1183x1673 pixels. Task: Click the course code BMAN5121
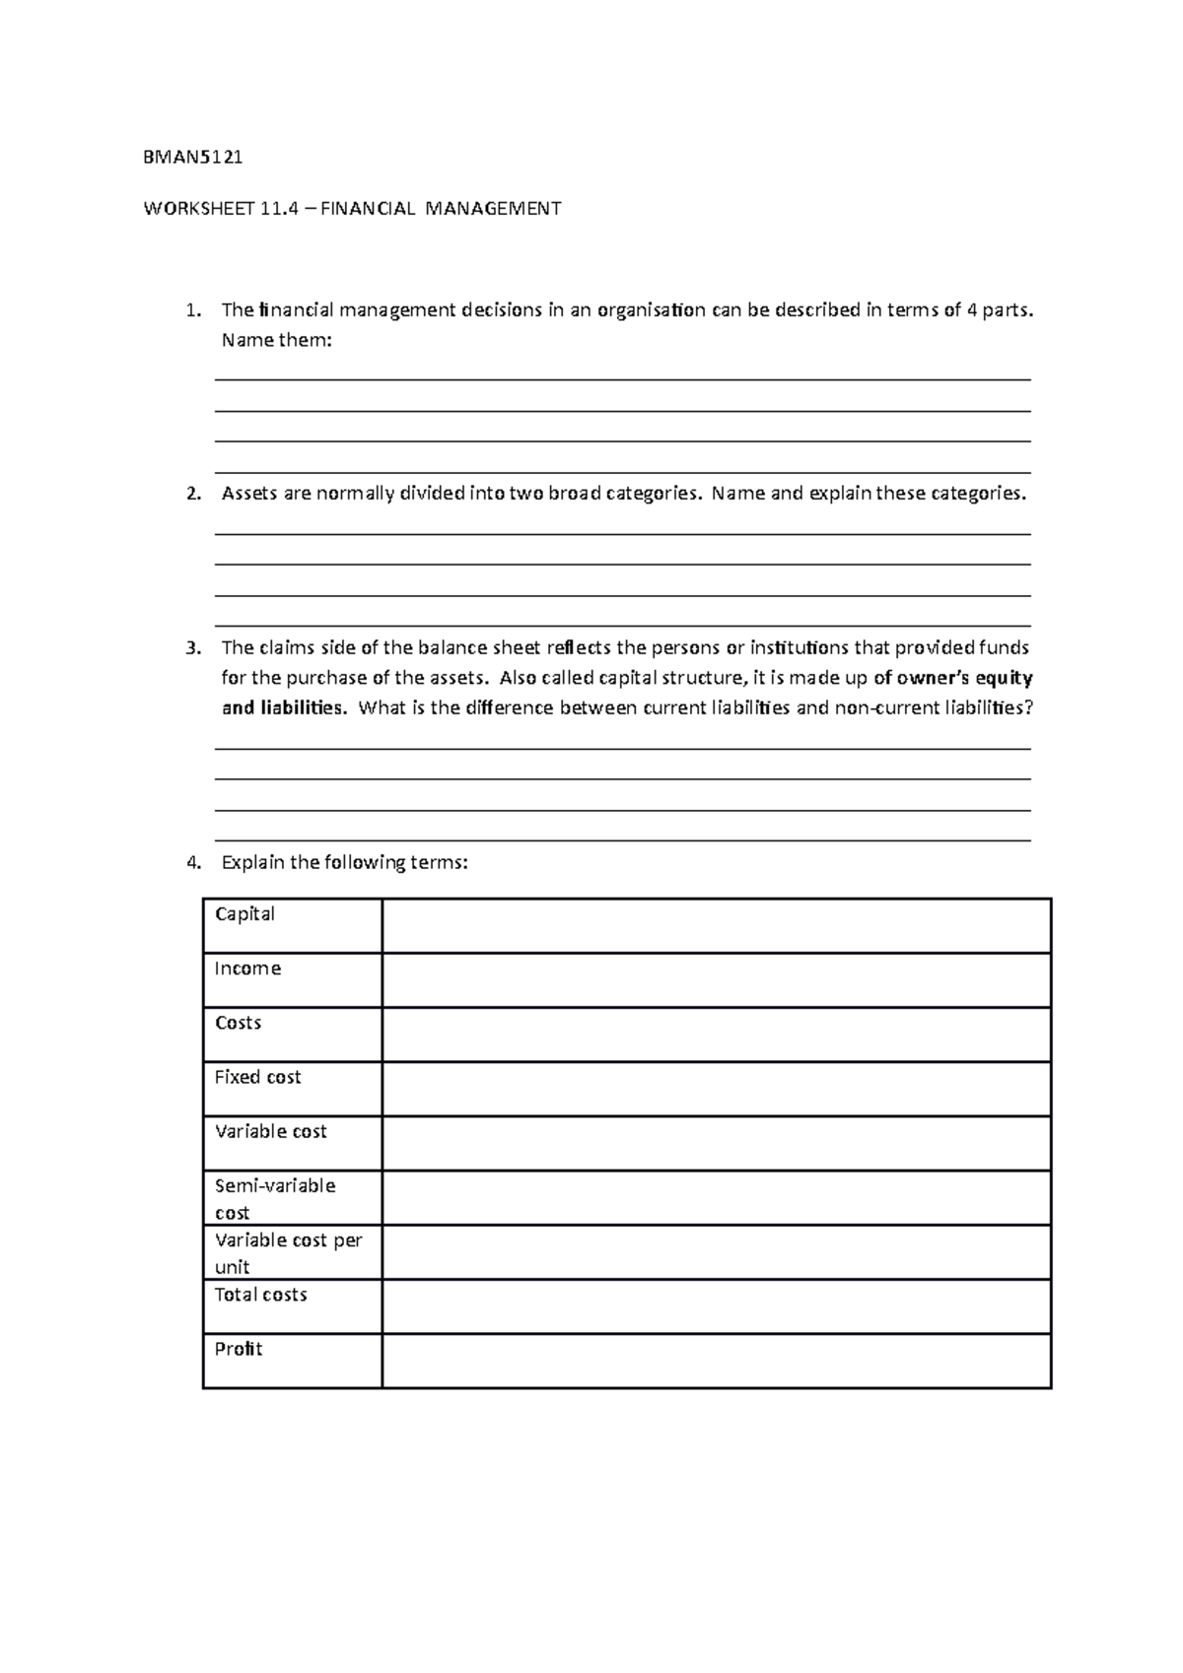[193, 157]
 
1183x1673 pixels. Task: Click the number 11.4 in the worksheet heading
[278, 209]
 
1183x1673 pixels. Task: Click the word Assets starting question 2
[249, 494]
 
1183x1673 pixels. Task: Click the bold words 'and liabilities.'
[284, 708]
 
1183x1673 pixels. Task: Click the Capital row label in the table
[244, 914]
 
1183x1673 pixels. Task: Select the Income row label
[247, 969]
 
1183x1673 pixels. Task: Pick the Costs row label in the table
[238, 1023]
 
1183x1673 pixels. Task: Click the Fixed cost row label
[257, 1077]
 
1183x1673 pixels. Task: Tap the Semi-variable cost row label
[275, 1198]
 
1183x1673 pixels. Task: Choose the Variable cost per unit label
[288, 1252]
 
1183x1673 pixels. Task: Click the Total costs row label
[260, 1295]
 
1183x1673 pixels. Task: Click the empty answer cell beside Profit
[716, 1361]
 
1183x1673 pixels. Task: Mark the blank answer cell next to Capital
[716, 926]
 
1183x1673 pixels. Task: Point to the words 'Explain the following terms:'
[345, 863]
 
